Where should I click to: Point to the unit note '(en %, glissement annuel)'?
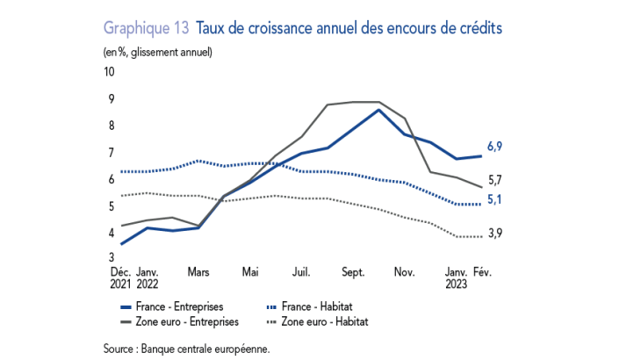coord(157,52)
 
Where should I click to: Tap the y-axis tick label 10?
coord(110,72)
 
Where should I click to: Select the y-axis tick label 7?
coord(110,153)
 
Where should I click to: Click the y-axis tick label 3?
coord(110,259)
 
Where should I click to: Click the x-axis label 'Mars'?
coord(198,272)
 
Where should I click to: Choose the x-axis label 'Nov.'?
coord(404,272)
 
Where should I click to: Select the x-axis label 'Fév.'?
coord(482,272)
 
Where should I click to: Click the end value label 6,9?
coord(494,147)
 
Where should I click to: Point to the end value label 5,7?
coord(494,181)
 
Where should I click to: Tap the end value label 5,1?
coord(494,200)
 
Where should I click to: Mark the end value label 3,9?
coord(494,233)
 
